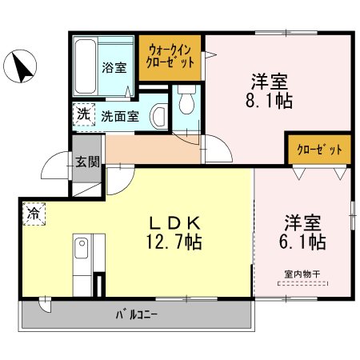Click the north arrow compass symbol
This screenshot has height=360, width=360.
[x=20, y=66]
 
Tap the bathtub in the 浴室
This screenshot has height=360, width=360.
[x=86, y=66]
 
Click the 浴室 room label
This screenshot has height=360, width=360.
[x=114, y=67]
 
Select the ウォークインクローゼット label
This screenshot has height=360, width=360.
[x=170, y=57]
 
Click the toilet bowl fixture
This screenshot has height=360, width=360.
[x=186, y=100]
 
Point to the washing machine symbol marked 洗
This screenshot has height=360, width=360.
[x=84, y=114]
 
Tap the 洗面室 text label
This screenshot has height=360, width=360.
[x=120, y=116]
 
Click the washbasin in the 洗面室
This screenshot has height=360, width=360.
[x=159, y=117]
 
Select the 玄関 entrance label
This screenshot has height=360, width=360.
[x=87, y=162]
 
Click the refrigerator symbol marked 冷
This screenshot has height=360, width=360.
[x=34, y=214]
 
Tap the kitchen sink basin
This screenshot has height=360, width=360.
[x=82, y=248]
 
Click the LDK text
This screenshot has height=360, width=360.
[x=174, y=223]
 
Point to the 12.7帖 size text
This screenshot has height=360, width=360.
[x=174, y=242]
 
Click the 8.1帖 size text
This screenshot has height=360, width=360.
[x=269, y=101]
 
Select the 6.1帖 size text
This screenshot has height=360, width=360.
[x=302, y=242]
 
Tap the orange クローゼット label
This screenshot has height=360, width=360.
[x=319, y=150]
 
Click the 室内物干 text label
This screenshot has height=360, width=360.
[x=302, y=274]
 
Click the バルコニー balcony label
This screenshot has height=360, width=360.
[x=137, y=315]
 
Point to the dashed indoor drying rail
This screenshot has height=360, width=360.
[x=302, y=284]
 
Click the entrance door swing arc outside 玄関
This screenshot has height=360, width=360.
[x=50, y=158]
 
